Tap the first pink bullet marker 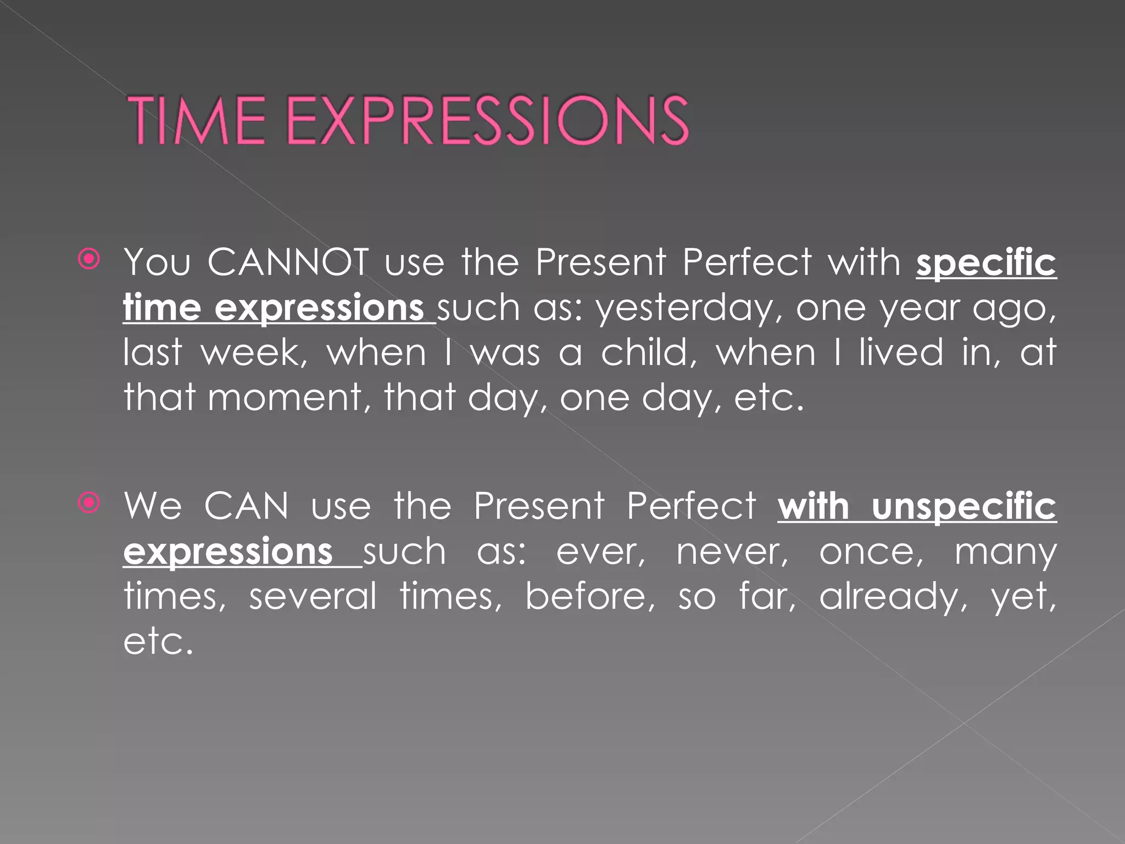click(x=89, y=259)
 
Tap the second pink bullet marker click(x=89, y=502)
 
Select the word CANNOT click(x=288, y=262)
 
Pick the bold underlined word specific click(x=986, y=262)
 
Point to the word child click(x=648, y=353)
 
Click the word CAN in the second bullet click(x=246, y=506)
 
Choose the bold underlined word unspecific click(x=964, y=506)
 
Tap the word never click(x=732, y=552)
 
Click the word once click(x=871, y=552)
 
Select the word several click(x=313, y=597)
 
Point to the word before click(x=589, y=597)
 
